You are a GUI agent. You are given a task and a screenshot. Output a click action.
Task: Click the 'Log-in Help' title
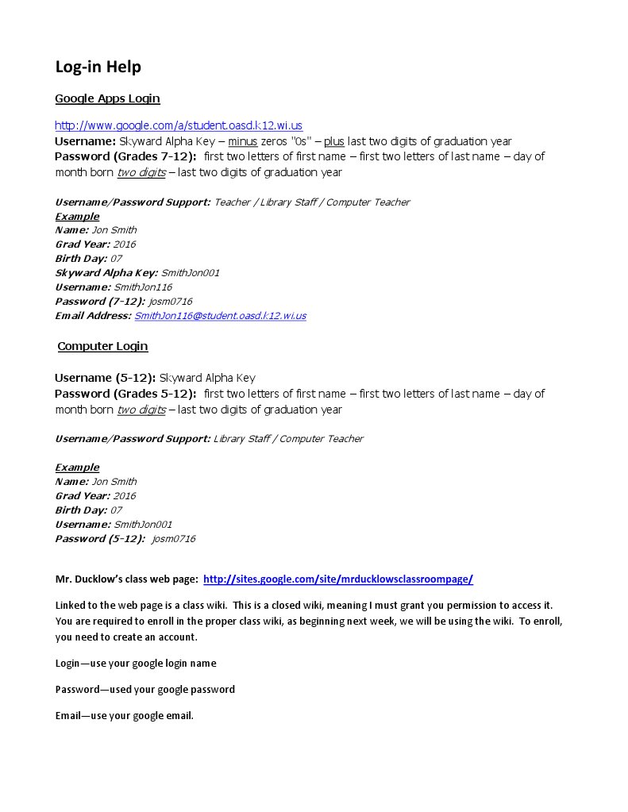pyautogui.click(x=98, y=67)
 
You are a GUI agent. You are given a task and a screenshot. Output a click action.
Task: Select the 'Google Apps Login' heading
pyautogui.click(x=107, y=98)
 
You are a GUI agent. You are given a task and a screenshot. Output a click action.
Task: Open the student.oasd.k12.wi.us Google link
pyautogui.click(x=179, y=125)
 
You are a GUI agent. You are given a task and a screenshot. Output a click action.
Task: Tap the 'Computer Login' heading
pyautogui.click(x=102, y=346)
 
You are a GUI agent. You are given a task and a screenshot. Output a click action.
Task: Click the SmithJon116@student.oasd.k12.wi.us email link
pyautogui.click(x=220, y=316)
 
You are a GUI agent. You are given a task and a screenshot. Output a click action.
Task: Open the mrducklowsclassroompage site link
pyautogui.click(x=338, y=579)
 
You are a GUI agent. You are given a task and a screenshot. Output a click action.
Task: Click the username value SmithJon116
pyautogui.click(x=143, y=287)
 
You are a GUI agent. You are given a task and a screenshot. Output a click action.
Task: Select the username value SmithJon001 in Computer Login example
pyautogui.click(x=143, y=525)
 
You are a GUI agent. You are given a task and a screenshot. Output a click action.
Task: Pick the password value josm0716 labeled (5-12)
pyautogui.click(x=173, y=539)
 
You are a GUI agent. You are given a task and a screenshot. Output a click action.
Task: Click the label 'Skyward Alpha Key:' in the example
pyautogui.click(x=106, y=273)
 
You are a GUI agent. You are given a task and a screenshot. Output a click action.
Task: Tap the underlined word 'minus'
pyautogui.click(x=243, y=141)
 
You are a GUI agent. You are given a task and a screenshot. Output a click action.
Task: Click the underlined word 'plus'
pyautogui.click(x=333, y=141)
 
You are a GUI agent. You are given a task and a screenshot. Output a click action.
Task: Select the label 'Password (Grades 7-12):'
pyautogui.click(x=125, y=156)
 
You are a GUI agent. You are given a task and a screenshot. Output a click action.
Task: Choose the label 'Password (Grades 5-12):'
pyautogui.click(x=125, y=394)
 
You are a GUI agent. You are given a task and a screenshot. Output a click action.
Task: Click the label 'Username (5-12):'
pyautogui.click(x=105, y=378)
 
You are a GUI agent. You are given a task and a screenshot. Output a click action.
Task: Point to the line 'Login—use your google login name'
pyautogui.click(x=136, y=664)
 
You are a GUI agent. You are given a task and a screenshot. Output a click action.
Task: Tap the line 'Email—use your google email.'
pyautogui.click(x=125, y=716)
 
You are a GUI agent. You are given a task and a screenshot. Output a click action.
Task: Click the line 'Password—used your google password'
pyautogui.click(x=145, y=690)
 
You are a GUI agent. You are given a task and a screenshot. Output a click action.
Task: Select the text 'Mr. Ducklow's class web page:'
pyautogui.click(x=126, y=579)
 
